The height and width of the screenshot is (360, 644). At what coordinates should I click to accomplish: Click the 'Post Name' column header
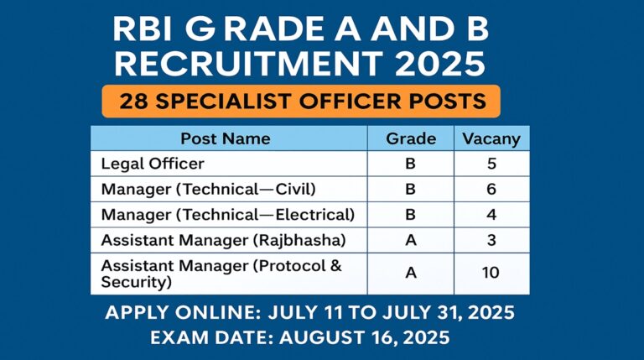tap(226, 138)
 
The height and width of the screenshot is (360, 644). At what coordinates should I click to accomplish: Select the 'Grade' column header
tap(411, 138)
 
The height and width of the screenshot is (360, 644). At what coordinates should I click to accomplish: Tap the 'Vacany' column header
tap(491, 139)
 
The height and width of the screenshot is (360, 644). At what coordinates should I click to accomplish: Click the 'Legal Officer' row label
tap(153, 164)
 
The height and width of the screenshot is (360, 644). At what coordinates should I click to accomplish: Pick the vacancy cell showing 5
tap(491, 164)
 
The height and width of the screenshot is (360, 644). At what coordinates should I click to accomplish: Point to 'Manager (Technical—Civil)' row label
tap(208, 189)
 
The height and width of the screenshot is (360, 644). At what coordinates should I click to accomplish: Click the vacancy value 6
tap(491, 189)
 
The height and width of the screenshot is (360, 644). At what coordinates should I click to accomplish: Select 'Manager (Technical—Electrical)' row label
tap(228, 215)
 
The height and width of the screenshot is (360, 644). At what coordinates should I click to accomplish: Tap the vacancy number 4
tap(491, 215)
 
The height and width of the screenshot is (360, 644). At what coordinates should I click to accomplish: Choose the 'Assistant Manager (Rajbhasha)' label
tap(223, 240)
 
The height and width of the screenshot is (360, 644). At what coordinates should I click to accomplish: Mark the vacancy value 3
tap(491, 240)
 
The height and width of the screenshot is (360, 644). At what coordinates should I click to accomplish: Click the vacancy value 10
tap(491, 273)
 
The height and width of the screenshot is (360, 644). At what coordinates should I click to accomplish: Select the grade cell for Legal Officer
tap(410, 164)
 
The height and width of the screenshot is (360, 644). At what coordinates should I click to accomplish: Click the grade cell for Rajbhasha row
tap(411, 240)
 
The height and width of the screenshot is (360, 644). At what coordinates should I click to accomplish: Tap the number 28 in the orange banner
tap(133, 101)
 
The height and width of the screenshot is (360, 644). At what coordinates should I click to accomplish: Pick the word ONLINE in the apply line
tap(218, 313)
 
